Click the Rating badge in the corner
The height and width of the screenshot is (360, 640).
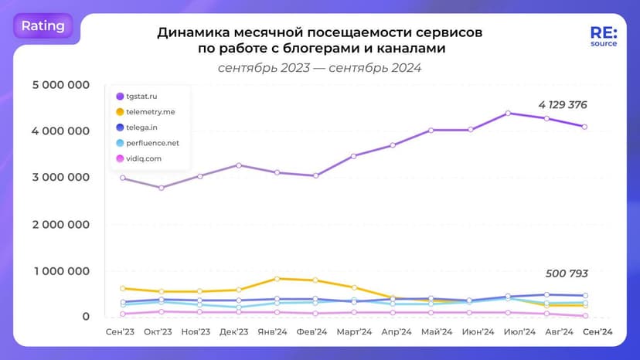[x=43, y=25]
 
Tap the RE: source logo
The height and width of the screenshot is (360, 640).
[x=603, y=37]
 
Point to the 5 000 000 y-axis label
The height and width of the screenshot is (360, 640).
[x=60, y=84]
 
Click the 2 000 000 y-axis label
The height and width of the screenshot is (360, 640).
[x=60, y=224]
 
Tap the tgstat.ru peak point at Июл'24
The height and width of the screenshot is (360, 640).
[x=508, y=114]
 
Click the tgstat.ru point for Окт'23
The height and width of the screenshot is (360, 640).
[x=161, y=188]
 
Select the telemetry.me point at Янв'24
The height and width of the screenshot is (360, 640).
[x=277, y=278]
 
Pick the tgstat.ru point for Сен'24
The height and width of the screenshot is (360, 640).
[x=585, y=127]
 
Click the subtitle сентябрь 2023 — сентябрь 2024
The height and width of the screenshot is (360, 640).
[x=319, y=68]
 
